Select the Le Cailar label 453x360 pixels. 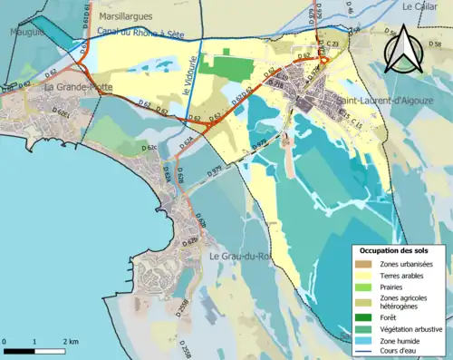click(x=419, y=6)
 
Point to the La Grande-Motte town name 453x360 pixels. click(x=79, y=87)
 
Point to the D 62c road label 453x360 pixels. click(x=149, y=146)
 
